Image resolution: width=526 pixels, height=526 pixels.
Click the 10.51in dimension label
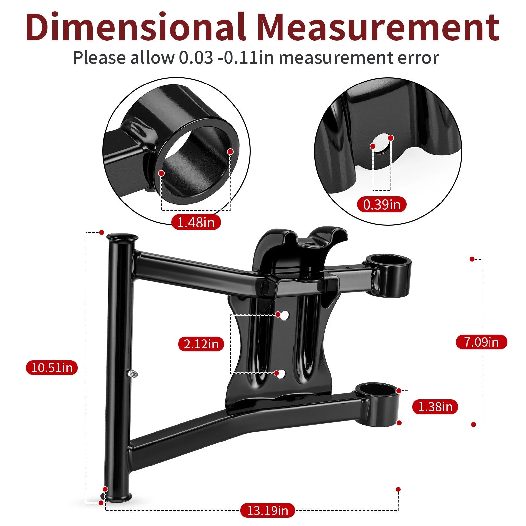(x=52, y=367)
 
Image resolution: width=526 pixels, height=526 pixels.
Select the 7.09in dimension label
(x=481, y=342)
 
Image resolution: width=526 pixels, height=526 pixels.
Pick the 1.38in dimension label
(x=435, y=407)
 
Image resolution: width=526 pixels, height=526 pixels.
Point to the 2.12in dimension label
(x=201, y=344)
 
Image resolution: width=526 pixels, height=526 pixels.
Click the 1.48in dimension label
(x=196, y=222)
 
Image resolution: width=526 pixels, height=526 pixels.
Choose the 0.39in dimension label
(x=382, y=204)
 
